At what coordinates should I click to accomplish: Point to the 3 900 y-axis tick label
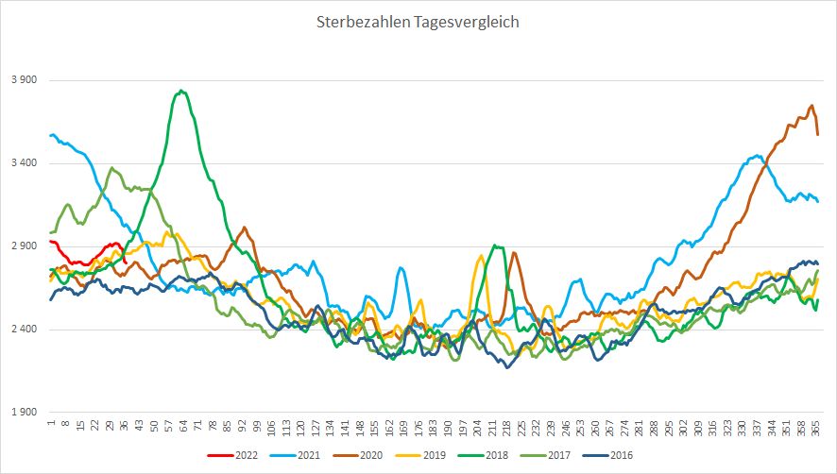(x=22, y=80)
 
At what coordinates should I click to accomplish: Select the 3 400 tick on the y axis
(x=22, y=163)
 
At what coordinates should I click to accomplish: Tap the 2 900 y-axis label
(x=22, y=246)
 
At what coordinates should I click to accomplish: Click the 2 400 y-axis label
(x=22, y=330)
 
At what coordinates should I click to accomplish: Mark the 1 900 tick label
(x=22, y=413)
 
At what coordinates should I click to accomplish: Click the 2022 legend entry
(x=239, y=455)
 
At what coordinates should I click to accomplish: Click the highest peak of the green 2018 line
(x=180, y=91)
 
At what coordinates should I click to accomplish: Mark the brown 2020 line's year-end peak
(x=812, y=106)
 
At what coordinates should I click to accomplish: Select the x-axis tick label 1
(x=51, y=424)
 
